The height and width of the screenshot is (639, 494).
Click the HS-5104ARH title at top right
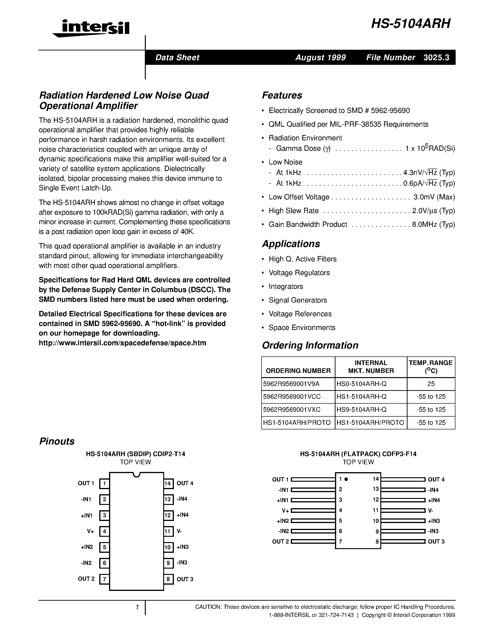coord(411,24)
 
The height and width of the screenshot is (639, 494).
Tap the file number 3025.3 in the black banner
coord(436,58)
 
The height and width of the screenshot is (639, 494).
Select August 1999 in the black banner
coord(320,58)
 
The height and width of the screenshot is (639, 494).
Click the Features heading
coord(282,95)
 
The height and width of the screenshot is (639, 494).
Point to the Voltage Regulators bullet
coord(299,273)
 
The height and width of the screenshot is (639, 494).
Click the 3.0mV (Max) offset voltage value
coord(434,197)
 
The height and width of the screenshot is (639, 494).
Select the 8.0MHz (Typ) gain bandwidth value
coord(433,224)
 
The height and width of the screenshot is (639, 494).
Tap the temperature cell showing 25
coord(431,384)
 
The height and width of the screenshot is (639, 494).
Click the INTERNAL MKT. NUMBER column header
coord(371,367)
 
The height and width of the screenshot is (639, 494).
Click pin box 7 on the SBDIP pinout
coord(104,579)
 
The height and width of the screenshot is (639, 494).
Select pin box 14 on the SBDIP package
coord(168,483)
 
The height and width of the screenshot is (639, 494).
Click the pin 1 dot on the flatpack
coord(346,479)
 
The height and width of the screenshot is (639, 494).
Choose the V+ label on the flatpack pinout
coord(285,511)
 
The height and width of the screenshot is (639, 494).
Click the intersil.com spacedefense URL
coord(122,343)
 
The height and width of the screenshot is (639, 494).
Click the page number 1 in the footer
coord(137,607)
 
